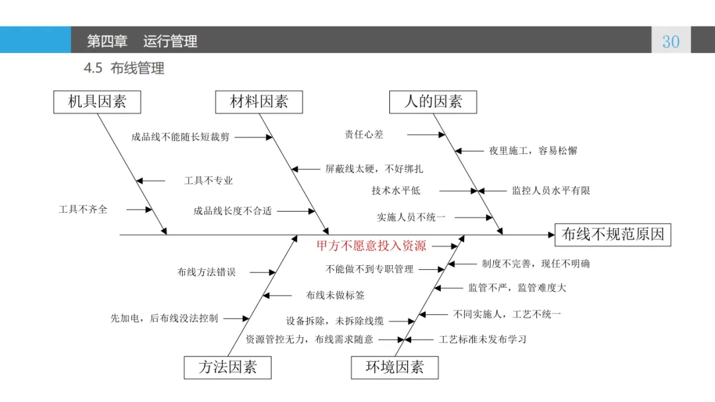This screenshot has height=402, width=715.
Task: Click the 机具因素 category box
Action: [97, 102]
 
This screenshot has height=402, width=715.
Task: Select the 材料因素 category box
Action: [259, 102]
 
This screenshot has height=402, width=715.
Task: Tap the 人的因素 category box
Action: [433, 102]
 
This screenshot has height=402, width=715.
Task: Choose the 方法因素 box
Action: [227, 368]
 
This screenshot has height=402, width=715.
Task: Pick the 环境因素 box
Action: [395, 368]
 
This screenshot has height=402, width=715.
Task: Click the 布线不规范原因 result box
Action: [612, 234]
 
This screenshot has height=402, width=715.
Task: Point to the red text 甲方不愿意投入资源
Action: [371, 246]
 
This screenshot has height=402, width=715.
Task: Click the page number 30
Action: [671, 42]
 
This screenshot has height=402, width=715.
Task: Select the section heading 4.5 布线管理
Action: [124, 68]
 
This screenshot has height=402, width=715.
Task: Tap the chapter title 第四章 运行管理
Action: [142, 42]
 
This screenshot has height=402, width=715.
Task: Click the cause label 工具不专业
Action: [209, 181]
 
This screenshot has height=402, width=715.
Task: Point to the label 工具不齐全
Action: [83, 210]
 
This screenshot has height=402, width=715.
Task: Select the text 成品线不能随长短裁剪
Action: [180, 138]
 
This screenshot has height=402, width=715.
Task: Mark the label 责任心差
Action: [363, 134]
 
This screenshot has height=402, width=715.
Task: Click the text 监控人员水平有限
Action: [550, 190]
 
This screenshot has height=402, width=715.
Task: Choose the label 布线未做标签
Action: [335, 296]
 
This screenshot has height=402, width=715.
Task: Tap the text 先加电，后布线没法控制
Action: [164, 318]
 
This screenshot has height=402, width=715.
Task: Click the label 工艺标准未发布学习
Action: [483, 339]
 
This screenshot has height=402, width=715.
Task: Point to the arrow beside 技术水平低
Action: [457, 190]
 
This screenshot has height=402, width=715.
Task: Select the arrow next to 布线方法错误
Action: [263, 272]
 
